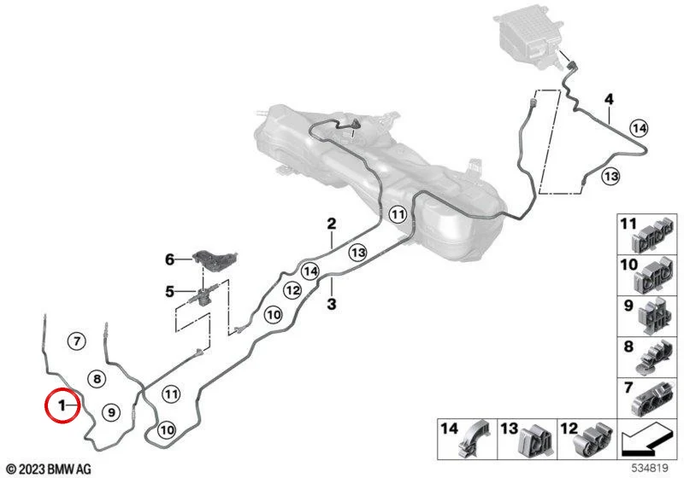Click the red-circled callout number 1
pos(62,405)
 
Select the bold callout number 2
pos(332,224)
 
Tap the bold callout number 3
pos(332,304)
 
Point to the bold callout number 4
pos(609,99)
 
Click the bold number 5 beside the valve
pos(169,291)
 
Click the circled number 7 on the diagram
pos(77,341)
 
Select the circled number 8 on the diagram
pos(97,379)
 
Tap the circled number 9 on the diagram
pos(111,411)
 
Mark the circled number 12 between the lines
pos(292,290)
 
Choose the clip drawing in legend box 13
pos(535,440)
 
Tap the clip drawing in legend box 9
pos(654,316)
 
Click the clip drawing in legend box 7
pos(653,399)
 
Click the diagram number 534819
pos(651,468)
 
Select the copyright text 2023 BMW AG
pos(49,469)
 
